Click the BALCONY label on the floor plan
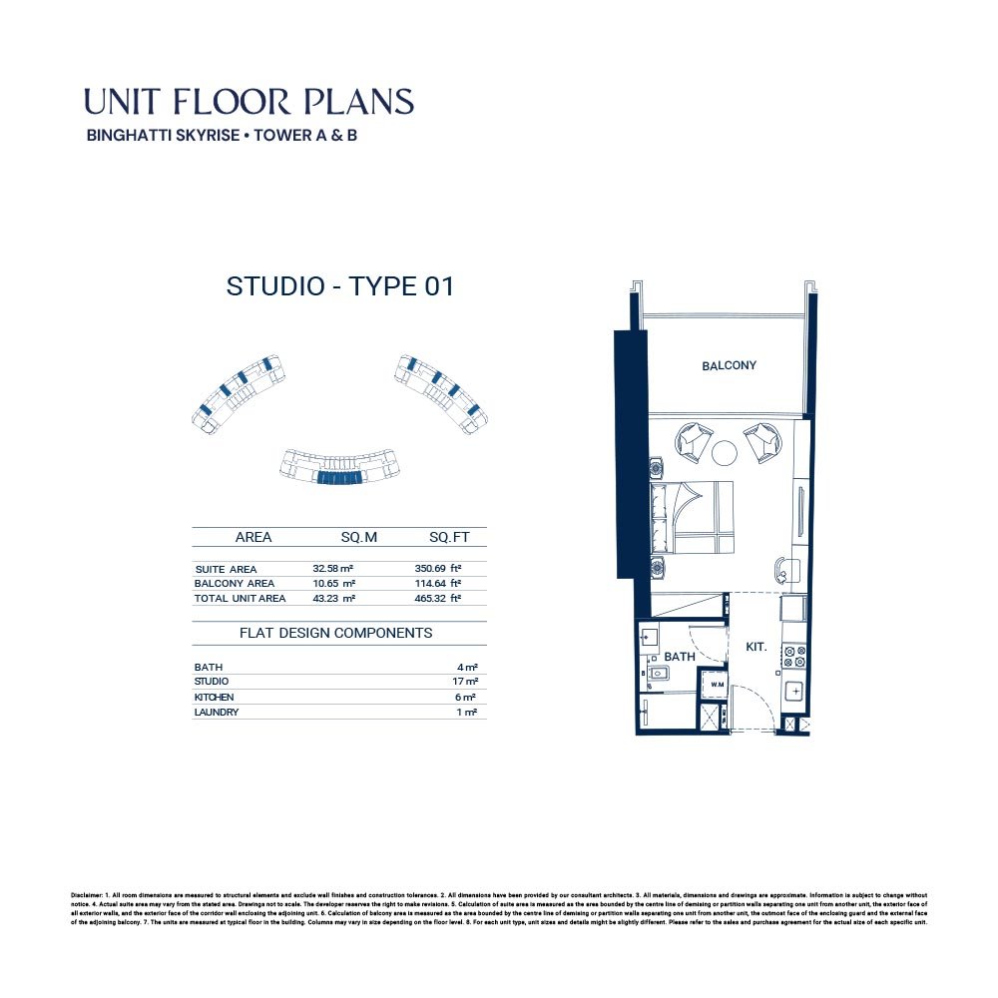point(729,366)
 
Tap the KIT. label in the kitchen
point(756,648)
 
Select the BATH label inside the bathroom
point(680,657)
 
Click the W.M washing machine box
point(716,686)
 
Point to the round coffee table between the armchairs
point(725,453)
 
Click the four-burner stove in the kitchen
point(794,656)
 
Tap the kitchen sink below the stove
point(794,691)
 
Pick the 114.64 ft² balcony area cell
point(438,584)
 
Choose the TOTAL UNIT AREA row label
point(240,599)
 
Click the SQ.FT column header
point(449,537)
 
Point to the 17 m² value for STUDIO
point(464,682)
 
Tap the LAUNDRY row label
point(216,713)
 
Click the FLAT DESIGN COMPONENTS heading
point(335,633)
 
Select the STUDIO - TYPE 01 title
point(340,286)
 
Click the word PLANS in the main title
point(356,102)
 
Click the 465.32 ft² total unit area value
point(438,599)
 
